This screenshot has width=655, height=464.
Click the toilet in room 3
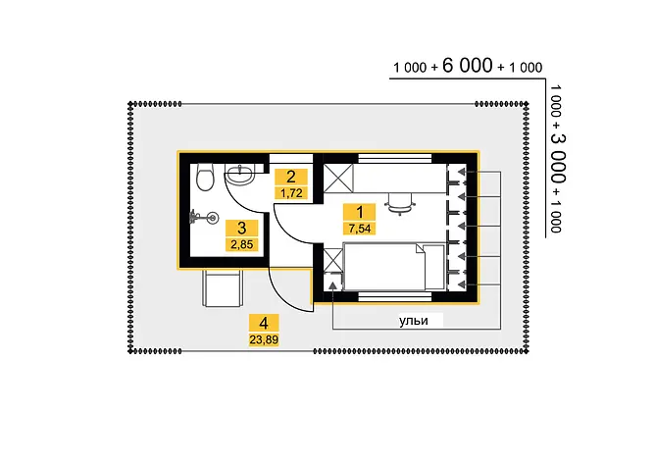(205, 177)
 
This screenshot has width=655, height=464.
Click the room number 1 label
(359, 212)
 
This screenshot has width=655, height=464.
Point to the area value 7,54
(359, 229)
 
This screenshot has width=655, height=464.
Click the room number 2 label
(291, 177)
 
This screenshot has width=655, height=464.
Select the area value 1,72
(291, 192)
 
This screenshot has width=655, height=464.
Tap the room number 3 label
(241, 229)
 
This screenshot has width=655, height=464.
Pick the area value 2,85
(241, 244)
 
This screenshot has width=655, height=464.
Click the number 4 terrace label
(264, 323)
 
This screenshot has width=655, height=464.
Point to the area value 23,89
(264, 339)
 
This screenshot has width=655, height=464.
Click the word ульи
(414, 321)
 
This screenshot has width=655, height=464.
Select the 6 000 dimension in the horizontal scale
(468, 66)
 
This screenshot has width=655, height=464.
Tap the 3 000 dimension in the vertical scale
(557, 159)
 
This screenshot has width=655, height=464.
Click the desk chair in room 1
(400, 204)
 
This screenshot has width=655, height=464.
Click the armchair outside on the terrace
(222, 288)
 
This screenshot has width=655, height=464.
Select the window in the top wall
(395, 159)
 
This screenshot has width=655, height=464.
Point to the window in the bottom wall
(395, 296)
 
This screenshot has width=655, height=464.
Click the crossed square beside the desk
(339, 179)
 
